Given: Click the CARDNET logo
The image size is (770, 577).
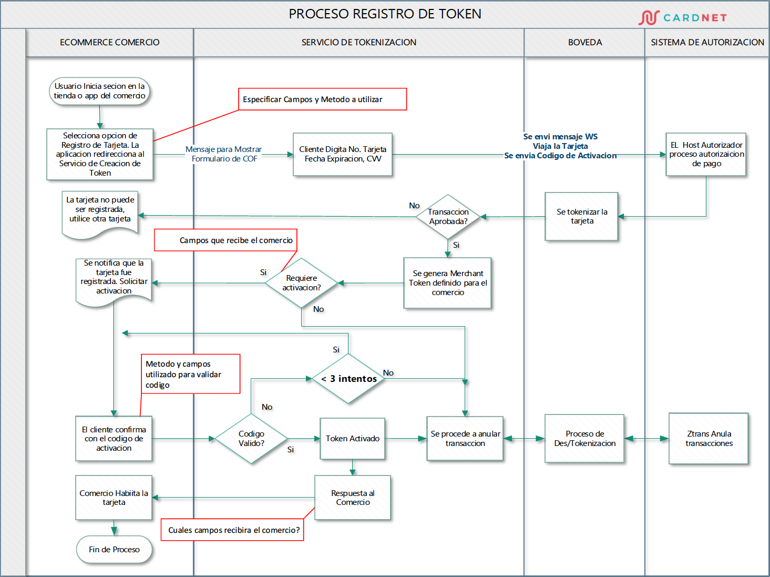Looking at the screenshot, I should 683,17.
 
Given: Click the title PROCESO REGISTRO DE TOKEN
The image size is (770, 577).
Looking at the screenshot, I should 385,14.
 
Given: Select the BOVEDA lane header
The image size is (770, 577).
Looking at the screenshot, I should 584,43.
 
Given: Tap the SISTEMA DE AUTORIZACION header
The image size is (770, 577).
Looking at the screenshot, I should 707,43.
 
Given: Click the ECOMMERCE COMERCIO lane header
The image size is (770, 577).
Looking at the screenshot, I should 109,43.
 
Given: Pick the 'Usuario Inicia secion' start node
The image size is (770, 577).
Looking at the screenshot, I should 99,92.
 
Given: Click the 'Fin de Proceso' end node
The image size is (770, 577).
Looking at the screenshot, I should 114,550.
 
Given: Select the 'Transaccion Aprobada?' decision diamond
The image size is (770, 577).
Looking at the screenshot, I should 448,217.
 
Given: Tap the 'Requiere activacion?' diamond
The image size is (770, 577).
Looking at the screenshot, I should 301,283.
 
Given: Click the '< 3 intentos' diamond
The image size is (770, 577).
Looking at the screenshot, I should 348,379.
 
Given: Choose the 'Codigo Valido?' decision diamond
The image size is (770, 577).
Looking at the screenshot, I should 251,439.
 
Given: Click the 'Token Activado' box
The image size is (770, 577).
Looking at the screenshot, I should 352,439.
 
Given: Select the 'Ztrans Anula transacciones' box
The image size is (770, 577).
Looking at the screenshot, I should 709,439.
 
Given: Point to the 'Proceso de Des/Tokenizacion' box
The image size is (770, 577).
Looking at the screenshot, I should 584,439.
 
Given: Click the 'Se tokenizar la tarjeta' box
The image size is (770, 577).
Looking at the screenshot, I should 581,217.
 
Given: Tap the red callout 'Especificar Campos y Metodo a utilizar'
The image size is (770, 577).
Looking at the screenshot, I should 322,99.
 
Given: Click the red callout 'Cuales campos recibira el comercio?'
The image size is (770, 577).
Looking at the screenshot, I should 232,530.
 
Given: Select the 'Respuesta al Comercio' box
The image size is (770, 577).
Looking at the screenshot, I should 353,498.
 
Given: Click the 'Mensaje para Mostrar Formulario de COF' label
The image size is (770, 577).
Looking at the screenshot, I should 224,154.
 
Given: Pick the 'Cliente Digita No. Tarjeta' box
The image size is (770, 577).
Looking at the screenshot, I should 343,154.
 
